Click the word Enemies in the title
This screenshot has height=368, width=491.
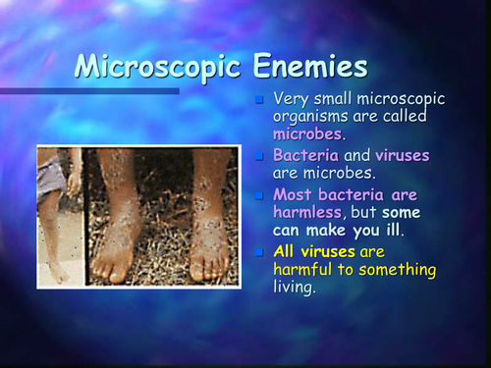308,67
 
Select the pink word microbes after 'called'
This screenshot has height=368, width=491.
308,133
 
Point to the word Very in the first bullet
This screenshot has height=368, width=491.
292,99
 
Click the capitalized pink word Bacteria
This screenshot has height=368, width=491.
305,156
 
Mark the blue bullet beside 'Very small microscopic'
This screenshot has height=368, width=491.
259,100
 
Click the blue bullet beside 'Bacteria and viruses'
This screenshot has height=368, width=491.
259,157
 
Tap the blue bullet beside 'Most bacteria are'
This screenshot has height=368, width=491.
259,195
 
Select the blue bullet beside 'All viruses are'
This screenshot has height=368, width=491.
259,252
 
